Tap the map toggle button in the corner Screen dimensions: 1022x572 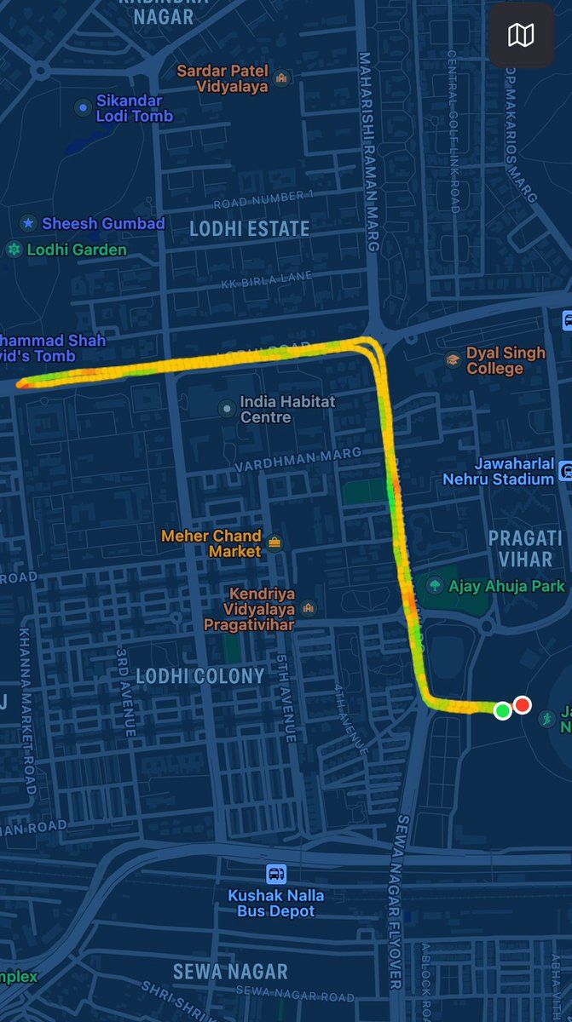[521, 35]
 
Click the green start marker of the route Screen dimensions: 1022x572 [503, 709]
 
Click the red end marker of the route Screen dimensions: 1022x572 [523, 704]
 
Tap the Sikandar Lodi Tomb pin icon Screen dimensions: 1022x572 [83, 107]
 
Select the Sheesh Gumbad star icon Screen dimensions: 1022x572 [29, 223]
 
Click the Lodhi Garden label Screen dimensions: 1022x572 [77, 250]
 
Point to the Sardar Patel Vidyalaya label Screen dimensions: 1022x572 [221, 78]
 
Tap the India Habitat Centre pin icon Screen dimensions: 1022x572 [226, 409]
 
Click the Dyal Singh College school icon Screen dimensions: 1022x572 [453, 360]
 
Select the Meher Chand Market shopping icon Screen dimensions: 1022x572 [274, 542]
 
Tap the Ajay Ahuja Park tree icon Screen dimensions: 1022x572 [435, 585]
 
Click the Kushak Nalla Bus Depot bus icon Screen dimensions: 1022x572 [276, 874]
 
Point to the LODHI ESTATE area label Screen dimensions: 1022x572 [249, 228]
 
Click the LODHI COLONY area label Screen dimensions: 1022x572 [211, 676]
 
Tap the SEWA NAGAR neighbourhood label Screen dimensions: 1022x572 [230, 971]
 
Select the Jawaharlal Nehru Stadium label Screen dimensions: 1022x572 [498, 471]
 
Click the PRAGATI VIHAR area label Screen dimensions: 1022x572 [525, 548]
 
